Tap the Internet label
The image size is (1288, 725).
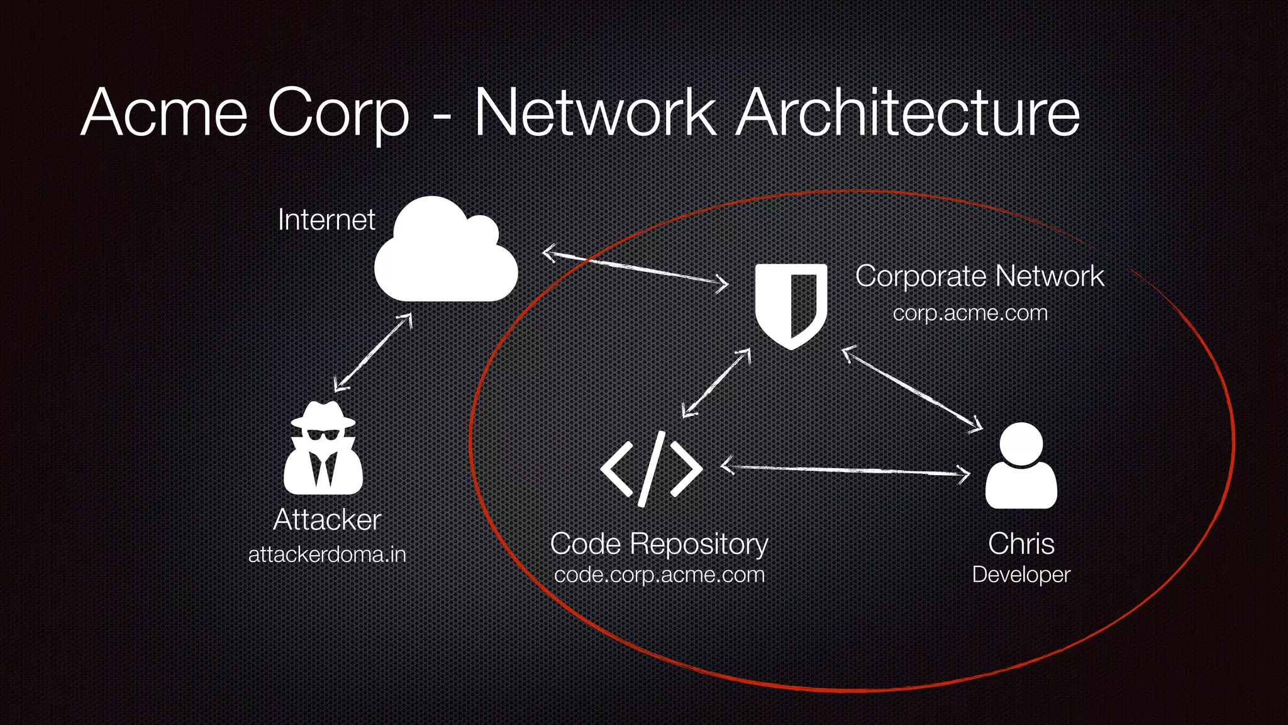tap(326, 220)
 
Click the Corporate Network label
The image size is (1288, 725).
tap(979, 276)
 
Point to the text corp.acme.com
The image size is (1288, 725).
tap(970, 313)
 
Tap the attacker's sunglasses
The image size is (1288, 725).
tap(322, 435)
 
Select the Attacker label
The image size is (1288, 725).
tap(327, 520)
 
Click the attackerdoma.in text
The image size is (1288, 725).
tap(327, 554)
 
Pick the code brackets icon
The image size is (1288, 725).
tap(651, 469)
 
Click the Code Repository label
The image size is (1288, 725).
tap(658, 543)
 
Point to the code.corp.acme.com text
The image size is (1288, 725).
tap(659, 575)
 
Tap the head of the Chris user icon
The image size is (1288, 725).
tap(1021, 443)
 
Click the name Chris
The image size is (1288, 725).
tap(1021, 543)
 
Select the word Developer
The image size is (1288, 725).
tap(1021, 575)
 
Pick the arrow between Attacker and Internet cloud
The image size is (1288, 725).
tap(373, 352)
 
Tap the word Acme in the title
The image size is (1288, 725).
tap(165, 113)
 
